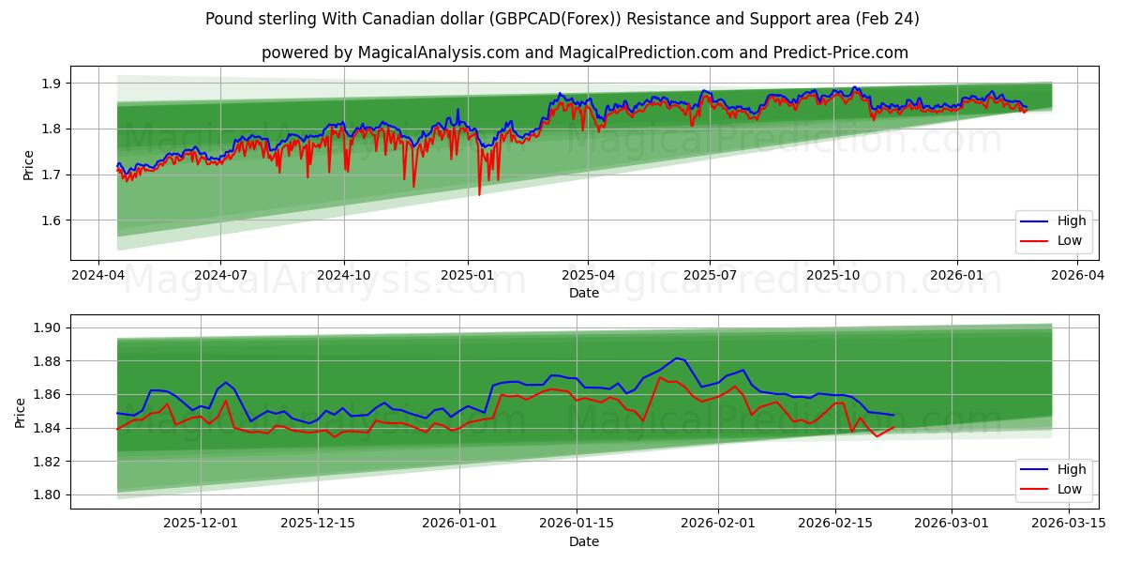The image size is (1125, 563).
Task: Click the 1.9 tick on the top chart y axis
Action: (x=52, y=84)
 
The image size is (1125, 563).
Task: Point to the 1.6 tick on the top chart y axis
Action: (x=52, y=221)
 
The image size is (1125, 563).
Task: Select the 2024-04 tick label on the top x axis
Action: (x=98, y=276)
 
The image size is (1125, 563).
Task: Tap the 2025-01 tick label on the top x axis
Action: (x=467, y=276)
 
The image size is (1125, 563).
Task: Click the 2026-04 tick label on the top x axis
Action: (x=1078, y=276)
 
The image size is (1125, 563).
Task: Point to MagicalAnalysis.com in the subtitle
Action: (x=439, y=53)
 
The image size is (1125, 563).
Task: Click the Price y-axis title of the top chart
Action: (x=28, y=165)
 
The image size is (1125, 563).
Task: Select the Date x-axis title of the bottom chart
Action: (x=583, y=541)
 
